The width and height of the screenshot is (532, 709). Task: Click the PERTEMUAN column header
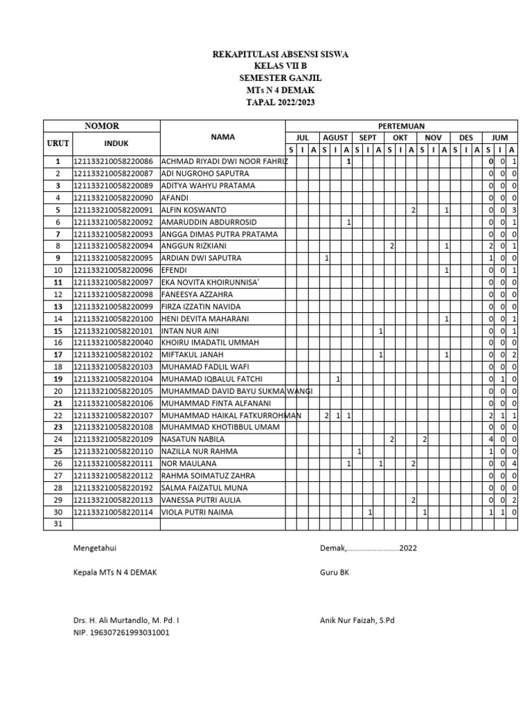click(x=401, y=125)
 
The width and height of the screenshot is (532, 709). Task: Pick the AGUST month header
click(x=335, y=138)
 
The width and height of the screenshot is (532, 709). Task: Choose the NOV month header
click(x=433, y=138)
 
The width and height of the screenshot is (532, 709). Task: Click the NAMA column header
click(x=223, y=137)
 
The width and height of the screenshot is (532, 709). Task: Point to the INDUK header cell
click(x=116, y=143)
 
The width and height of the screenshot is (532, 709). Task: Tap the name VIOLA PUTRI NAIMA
click(x=197, y=512)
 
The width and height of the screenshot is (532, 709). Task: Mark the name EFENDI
click(x=175, y=270)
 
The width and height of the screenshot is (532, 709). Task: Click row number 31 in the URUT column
click(x=58, y=524)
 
